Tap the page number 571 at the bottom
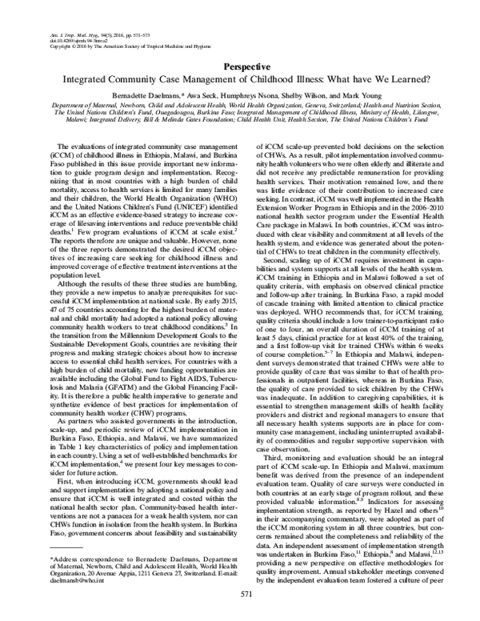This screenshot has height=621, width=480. tap(239, 595)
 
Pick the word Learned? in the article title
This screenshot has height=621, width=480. tap(396, 82)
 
